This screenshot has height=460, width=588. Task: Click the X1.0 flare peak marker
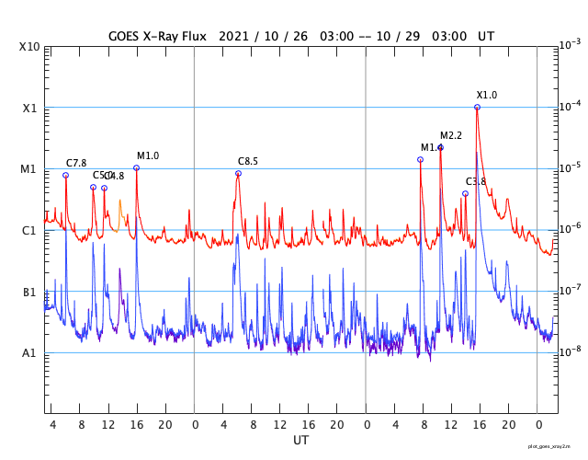point(477,107)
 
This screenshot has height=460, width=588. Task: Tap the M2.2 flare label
point(451,136)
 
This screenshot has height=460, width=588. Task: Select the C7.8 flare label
point(76,163)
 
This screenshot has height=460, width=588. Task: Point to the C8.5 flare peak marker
point(238,173)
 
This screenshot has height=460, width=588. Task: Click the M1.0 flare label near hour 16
point(148,155)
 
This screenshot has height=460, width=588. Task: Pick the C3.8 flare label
point(476,181)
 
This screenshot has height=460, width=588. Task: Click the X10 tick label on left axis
point(29,47)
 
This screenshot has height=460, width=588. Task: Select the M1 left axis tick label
point(29,169)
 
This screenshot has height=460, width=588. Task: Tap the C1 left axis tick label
point(30,231)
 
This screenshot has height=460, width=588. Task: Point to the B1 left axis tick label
point(30,293)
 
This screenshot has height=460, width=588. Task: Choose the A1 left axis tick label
point(30,353)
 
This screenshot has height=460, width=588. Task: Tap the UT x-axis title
point(301,441)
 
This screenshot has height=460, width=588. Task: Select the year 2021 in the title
point(235,36)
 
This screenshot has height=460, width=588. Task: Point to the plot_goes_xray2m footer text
point(555,446)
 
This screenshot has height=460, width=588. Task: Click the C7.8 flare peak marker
point(65,175)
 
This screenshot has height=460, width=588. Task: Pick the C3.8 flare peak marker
point(465,193)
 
